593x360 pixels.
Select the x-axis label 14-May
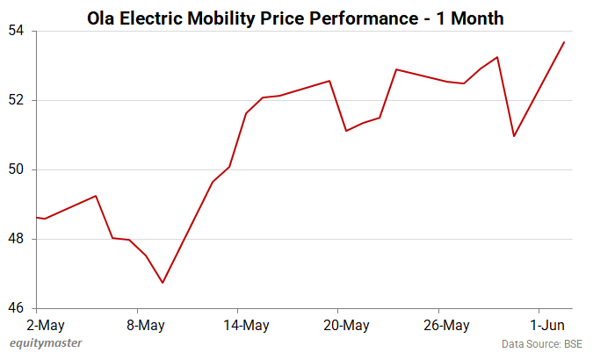click(246, 325)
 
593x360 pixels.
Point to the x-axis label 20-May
click(346, 325)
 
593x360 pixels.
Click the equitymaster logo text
click(41, 343)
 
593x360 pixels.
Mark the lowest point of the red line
click(163, 283)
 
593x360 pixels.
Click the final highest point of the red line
click(564, 42)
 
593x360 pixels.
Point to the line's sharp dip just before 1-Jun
click(514, 136)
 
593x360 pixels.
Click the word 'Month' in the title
click(474, 18)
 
